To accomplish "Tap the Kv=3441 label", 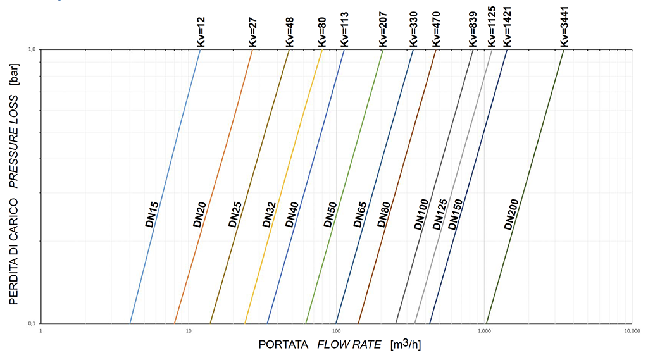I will pos(564,28).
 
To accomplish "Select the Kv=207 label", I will pos(383,29).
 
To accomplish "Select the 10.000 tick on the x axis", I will pos(631,331).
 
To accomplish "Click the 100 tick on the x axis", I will pos(336,331).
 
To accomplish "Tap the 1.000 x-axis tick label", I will pos(484,331).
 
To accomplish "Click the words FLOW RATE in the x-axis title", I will pos(349,345).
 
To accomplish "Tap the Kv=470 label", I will pos(436,29).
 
